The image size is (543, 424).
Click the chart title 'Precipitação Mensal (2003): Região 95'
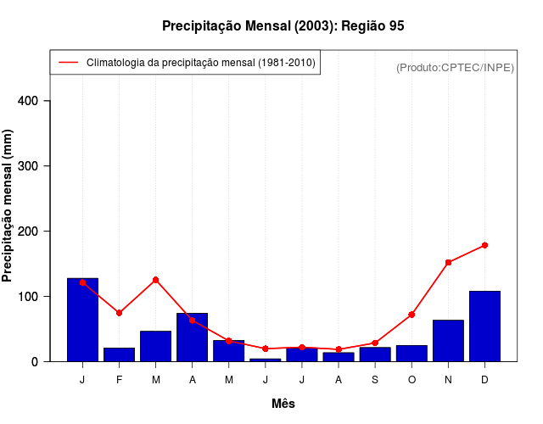[x=283, y=26]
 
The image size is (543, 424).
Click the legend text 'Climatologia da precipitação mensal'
[x=201, y=63]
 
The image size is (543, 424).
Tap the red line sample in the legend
[x=68, y=63]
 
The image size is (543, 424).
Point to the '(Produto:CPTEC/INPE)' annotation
[x=455, y=67]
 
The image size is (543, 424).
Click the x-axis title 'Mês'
[x=283, y=404]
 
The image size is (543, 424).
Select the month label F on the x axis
[x=120, y=380]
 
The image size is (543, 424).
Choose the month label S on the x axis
[x=375, y=380]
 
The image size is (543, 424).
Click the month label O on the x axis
[x=411, y=380]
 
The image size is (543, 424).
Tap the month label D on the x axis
[x=484, y=380]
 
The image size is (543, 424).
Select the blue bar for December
[x=484, y=326]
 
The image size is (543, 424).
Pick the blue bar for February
[x=120, y=354]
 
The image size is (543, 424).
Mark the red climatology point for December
[x=484, y=245]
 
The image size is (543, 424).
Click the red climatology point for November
[x=448, y=263]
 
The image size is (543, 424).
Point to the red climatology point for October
[x=411, y=315]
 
